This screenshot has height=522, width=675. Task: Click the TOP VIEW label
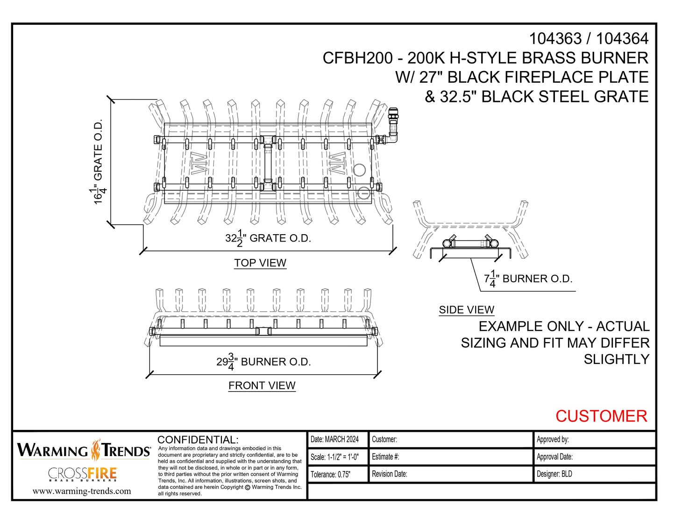point(260,263)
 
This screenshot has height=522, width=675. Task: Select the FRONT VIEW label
point(262,386)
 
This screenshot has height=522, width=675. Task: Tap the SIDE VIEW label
point(466,310)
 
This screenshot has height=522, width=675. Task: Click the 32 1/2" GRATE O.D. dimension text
point(268,238)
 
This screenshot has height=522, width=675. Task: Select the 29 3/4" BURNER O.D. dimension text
point(263,362)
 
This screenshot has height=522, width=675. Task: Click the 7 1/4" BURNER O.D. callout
point(528,279)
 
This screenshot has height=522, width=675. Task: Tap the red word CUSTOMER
point(601,416)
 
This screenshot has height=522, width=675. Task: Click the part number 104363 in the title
point(555,39)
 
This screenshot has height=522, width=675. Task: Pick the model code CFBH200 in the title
point(357,58)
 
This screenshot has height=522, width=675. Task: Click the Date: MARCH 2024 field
point(334,439)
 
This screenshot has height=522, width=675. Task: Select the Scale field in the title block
point(334,457)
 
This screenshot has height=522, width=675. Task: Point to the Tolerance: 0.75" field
point(330,474)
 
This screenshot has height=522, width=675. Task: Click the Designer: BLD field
point(554,474)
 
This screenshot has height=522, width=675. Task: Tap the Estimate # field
point(385,457)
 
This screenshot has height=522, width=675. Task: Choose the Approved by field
point(553,439)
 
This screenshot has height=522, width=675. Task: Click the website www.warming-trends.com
point(82,491)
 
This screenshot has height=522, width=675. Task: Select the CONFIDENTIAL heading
point(198,440)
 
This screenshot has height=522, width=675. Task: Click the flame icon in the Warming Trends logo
point(96,450)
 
